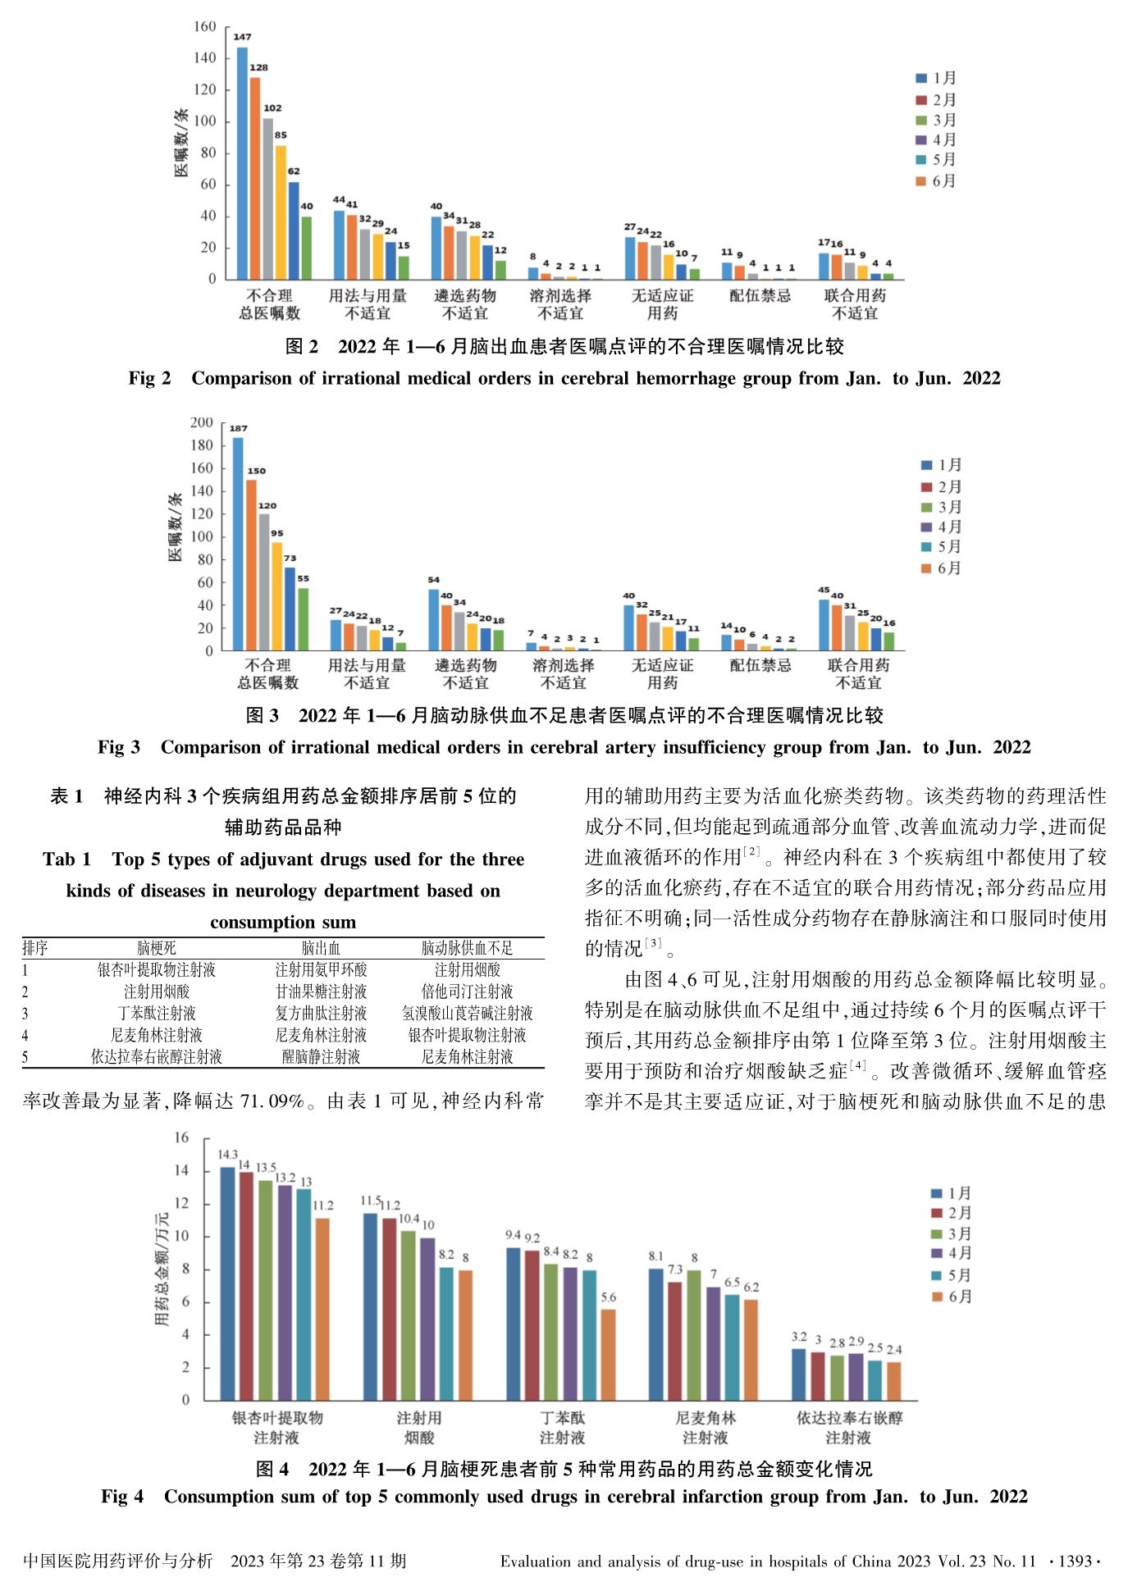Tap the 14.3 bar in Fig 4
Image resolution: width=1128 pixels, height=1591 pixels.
[x=227, y=1283]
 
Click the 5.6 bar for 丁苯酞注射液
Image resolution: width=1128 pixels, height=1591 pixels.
[x=608, y=1354]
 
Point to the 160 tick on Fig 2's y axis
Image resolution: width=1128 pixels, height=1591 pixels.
[x=205, y=27]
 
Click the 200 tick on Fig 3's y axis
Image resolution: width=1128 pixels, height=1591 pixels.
[x=202, y=422]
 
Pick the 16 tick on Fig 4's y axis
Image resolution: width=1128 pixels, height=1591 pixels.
[x=181, y=1138]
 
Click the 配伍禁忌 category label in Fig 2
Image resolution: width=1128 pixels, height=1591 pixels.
[x=760, y=296]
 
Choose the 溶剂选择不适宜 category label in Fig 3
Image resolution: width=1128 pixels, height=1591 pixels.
[x=563, y=674]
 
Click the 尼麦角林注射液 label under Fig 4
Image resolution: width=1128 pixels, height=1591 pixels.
[x=706, y=1427]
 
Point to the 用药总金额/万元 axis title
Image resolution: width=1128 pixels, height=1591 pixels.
[x=162, y=1270]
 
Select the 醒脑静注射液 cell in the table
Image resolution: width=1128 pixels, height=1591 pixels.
[x=321, y=1057]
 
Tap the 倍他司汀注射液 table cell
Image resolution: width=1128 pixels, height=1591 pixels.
[x=467, y=992]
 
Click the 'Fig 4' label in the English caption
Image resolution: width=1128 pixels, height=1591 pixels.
[x=122, y=1497]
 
